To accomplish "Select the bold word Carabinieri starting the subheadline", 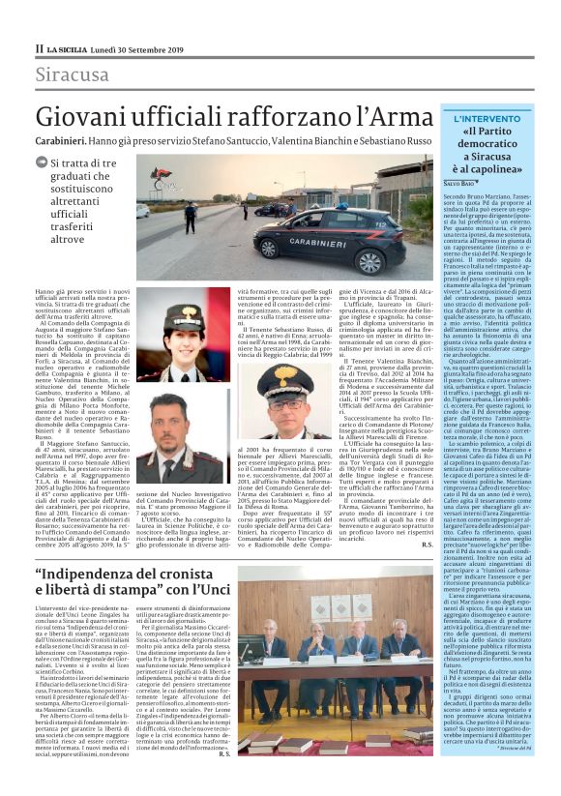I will pyautogui.click(x=63, y=140).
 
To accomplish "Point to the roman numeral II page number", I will pyautogui.click(x=39, y=47).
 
